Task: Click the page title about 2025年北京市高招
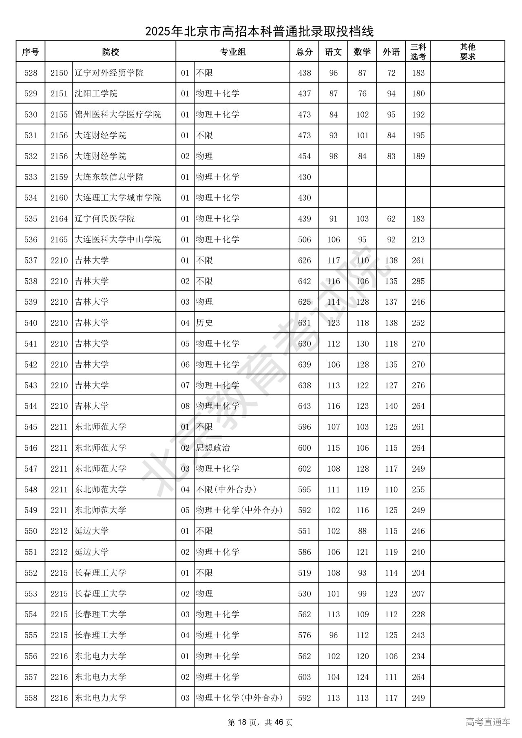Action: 259,31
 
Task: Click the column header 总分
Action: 304,52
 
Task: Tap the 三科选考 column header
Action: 418,52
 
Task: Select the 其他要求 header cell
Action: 467,52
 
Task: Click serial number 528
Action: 31,73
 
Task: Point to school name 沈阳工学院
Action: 96,94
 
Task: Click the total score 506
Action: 304,239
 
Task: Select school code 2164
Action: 59,219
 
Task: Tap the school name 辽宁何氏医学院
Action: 104,219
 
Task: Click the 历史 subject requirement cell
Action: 204,323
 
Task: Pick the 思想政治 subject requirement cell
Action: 213,448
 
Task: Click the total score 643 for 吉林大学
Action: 304,406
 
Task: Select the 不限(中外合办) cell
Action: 226,490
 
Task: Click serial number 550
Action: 31,531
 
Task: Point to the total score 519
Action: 304,573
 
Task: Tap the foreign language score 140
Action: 391,406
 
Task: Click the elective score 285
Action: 418,281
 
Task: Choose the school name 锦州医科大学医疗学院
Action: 117,115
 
